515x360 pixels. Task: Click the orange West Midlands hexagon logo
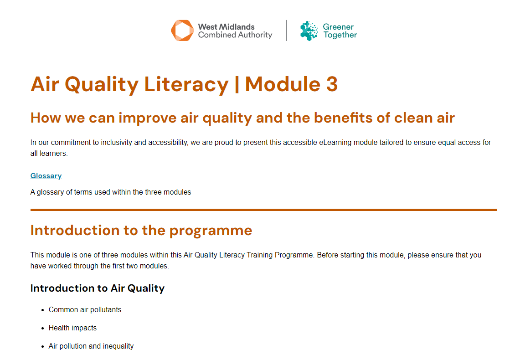click(x=182, y=31)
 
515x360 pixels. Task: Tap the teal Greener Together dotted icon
click(x=309, y=31)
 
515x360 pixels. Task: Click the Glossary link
click(x=46, y=176)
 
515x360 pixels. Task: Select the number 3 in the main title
click(x=332, y=84)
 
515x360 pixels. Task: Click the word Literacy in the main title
click(x=186, y=85)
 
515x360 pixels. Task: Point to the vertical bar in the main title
click(x=237, y=85)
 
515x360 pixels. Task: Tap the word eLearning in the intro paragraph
click(x=335, y=143)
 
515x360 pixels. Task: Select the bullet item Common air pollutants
click(x=85, y=310)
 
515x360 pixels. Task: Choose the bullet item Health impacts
click(x=72, y=328)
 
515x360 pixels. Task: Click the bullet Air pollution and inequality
click(x=91, y=346)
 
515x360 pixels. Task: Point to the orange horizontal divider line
click(x=264, y=210)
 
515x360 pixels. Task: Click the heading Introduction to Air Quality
click(x=97, y=288)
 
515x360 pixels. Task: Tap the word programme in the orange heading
click(x=211, y=231)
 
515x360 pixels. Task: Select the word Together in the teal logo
click(x=340, y=35)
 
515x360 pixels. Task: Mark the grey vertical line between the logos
click(x=286, y=31)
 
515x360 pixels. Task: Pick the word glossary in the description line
click(x=50, y=192)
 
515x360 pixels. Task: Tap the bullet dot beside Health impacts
click(x=43, y=328)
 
